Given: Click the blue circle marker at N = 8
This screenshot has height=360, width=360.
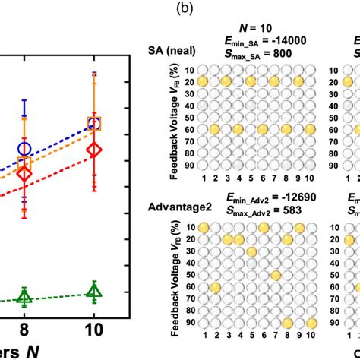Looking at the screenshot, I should (24, 149).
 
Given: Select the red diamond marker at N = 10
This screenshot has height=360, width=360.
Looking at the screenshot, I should (94, 150).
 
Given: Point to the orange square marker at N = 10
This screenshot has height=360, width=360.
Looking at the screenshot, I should (94, 124).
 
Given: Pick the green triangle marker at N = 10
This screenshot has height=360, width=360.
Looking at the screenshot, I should (94, 289).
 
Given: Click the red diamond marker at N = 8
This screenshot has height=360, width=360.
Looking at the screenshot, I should (24, 174).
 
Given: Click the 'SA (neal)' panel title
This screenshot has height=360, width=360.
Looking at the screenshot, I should (172, 50).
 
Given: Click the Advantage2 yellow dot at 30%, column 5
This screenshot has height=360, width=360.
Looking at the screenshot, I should (251, 251).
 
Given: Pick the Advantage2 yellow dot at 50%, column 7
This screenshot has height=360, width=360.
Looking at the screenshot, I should (276, 275).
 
